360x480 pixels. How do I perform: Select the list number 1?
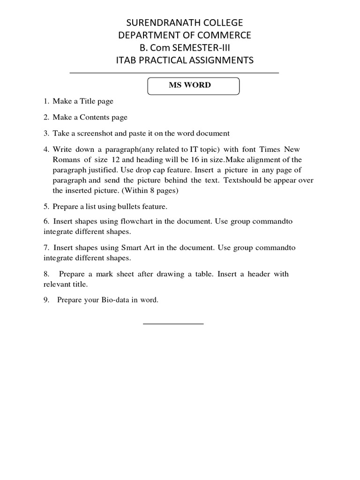46,101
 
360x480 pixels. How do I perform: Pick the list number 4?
46,150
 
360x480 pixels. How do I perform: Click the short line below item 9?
173,323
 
